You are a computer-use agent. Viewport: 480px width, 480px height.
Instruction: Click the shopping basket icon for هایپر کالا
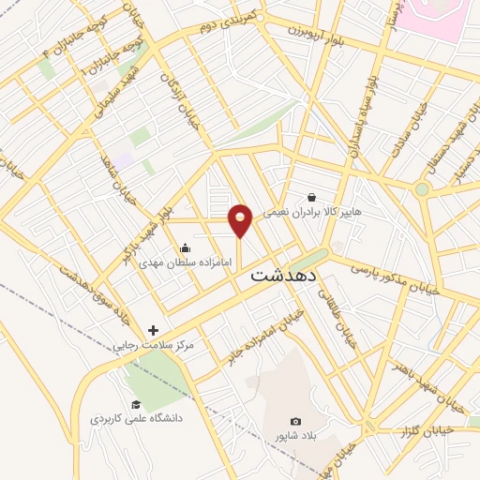coord(311,198)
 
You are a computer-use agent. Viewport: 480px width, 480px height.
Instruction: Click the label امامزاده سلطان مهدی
coord(185,262)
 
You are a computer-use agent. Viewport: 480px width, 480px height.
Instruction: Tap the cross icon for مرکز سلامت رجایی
coord(154,330)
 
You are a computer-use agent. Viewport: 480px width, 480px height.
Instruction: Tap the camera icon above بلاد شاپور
coord(296,422)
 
